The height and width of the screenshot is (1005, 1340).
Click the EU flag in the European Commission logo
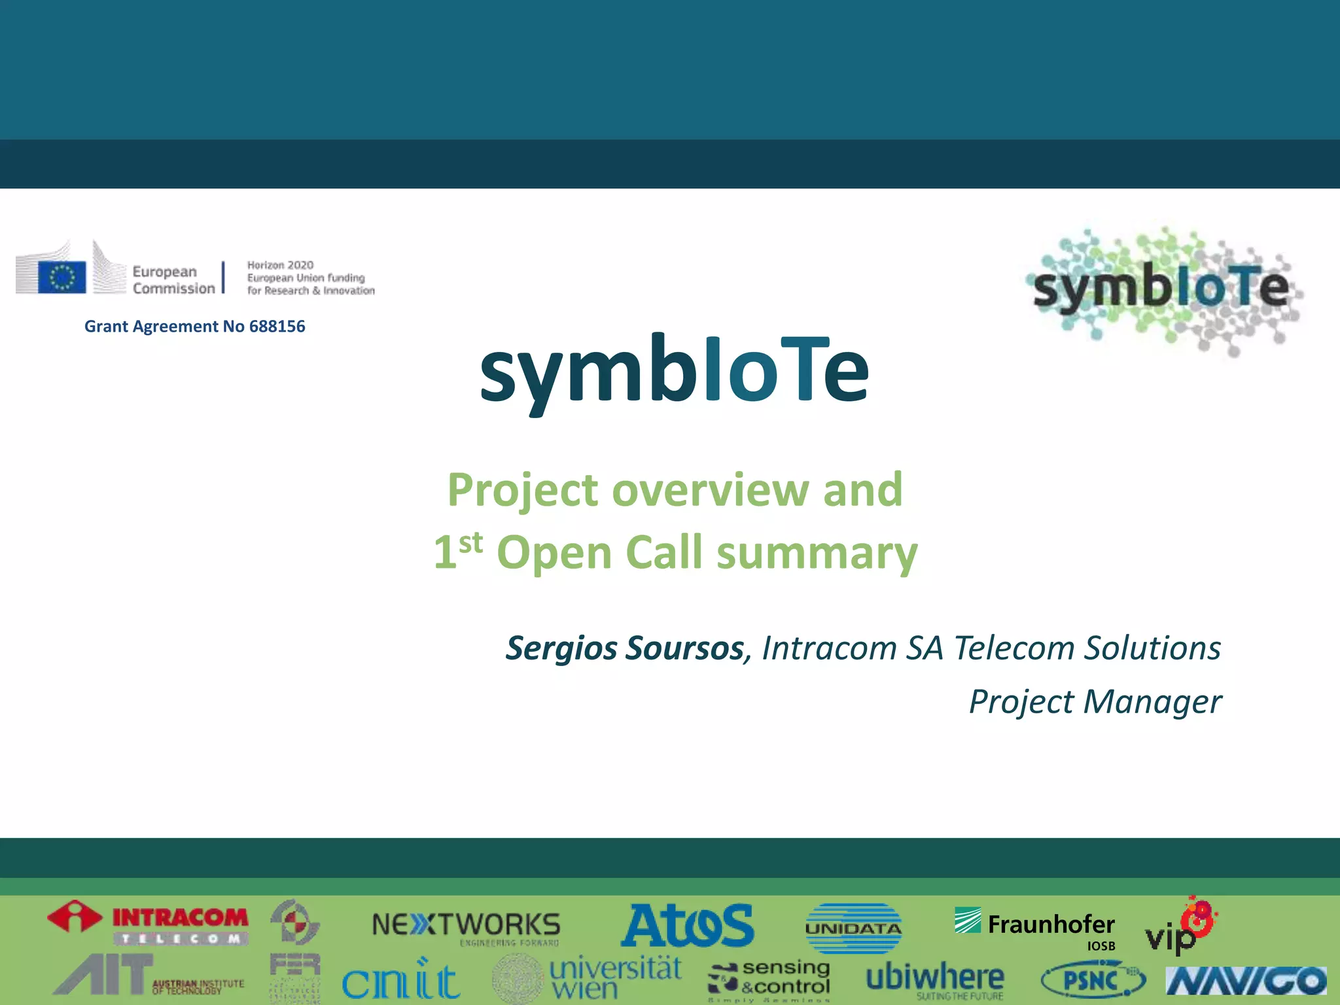click(62, 277)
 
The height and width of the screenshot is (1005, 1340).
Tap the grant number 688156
click(277, 326)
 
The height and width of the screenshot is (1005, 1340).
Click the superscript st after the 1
click(470, 542)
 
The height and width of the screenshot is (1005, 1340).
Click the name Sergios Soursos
click(625, 648)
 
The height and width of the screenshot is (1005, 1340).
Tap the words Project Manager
click(1095, 701)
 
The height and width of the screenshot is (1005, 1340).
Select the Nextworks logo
click(466, 927)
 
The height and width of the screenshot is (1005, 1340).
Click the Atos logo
click(687, 926)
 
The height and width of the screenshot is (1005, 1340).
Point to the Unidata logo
click(853, 928)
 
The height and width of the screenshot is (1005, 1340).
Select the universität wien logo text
click(615, 978)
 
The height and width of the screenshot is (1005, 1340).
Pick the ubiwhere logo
click(935, 978)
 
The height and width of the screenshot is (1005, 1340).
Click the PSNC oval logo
click(1093, 980)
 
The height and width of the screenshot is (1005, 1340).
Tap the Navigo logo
click(1246, 981)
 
